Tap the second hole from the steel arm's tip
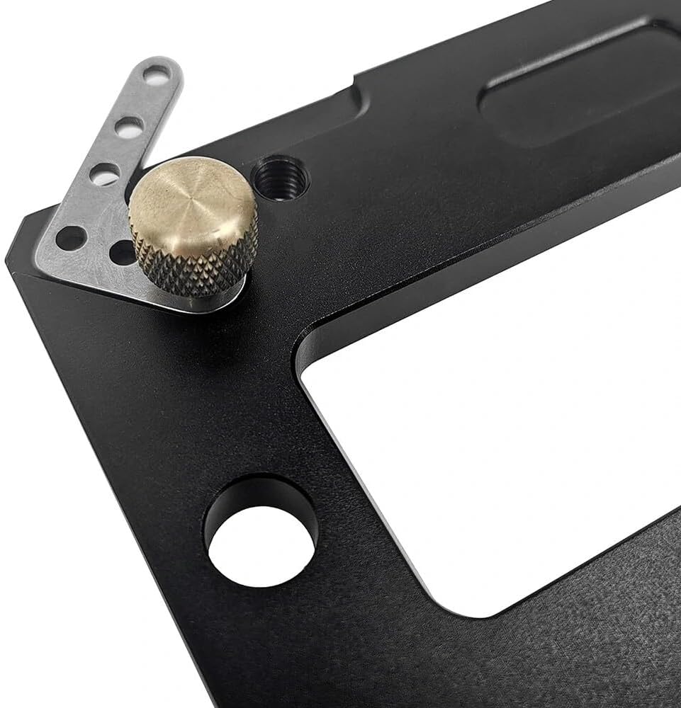[x=129, y=127]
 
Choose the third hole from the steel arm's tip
[x=105, y=173]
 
